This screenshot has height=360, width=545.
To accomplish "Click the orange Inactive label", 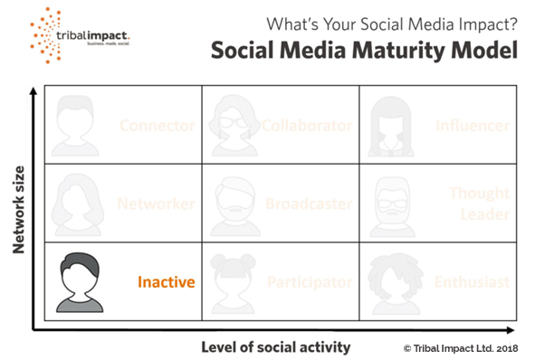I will [167, 282].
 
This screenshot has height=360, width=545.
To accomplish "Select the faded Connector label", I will [158, 125].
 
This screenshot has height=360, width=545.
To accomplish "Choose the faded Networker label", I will [157, 204].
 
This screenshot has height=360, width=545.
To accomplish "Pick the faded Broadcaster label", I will [309, 204].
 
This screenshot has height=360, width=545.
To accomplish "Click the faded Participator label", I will [308, 282].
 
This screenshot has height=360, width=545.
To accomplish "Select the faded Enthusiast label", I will [472, 282].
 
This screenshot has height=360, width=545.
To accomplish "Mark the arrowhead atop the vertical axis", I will [33, 93].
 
